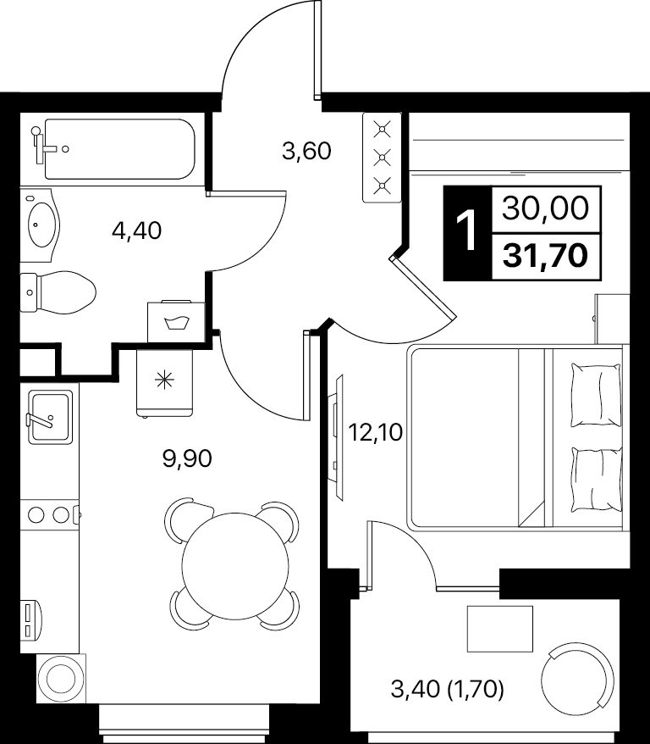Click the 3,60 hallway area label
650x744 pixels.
point(306,152)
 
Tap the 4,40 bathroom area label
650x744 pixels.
point(137,230)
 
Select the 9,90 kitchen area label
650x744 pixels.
point(187,458)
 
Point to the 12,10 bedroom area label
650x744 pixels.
point(375,432)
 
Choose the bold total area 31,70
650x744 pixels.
point(546,256)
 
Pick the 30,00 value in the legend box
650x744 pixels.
point(545,208)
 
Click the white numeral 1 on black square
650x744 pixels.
point(467,232)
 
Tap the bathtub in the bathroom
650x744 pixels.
point(119,149)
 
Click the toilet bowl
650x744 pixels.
point(58,292)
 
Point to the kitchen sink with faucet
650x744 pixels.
point(50,417)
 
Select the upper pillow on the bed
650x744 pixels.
point(596,395)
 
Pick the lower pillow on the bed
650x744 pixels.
point(596,480)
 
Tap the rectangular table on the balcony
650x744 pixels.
point(500,629)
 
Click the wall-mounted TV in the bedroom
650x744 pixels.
point(336,436)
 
